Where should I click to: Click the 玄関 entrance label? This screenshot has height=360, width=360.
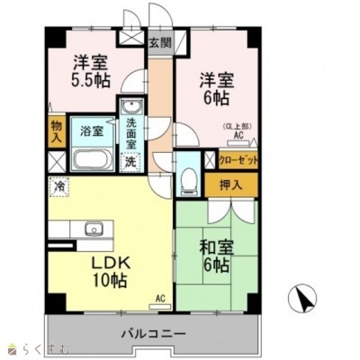(158, 41)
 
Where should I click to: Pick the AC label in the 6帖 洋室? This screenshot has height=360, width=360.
(239, 136)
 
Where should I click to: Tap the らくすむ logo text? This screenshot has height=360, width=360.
(38, 347)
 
